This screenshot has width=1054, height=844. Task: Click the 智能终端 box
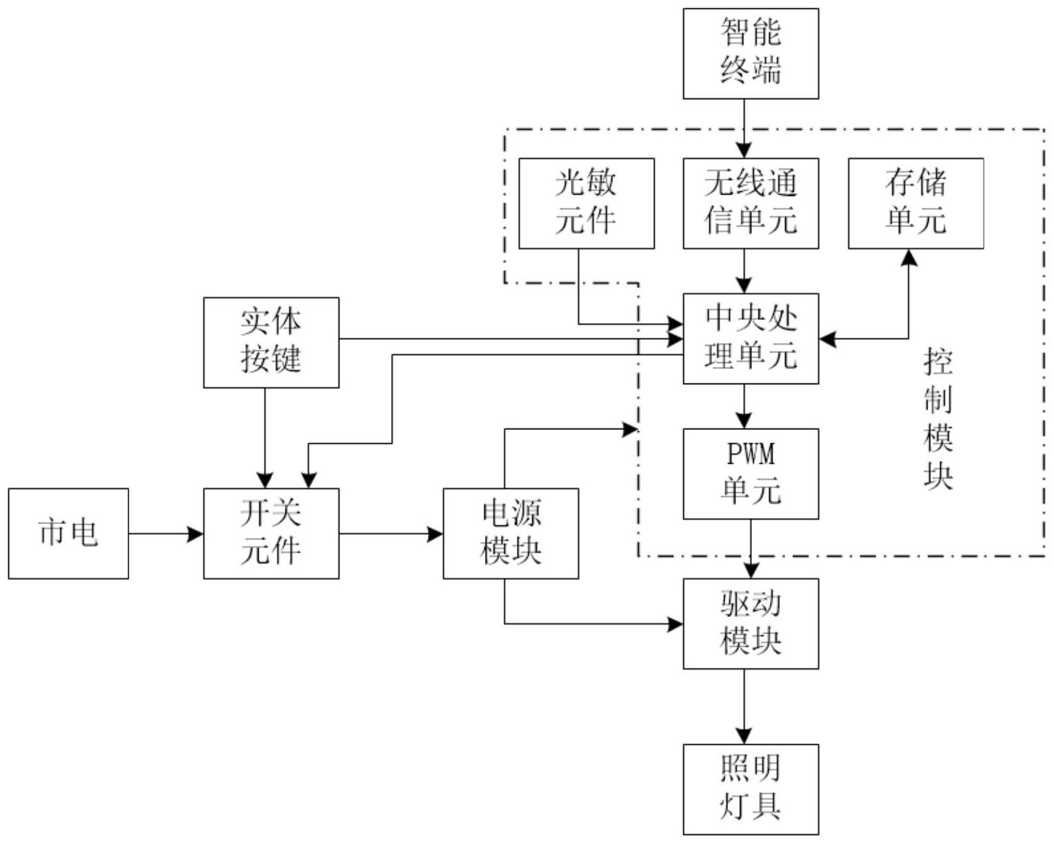click(750, 53)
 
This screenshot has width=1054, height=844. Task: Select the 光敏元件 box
click(586, 203)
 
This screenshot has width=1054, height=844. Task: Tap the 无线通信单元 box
click(750, 203)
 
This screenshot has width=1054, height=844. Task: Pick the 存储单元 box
click(915, 203)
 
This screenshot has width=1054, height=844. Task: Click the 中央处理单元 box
click(750, 338)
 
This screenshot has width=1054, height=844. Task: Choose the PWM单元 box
click(750, 474)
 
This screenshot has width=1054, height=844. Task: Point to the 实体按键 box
click(271, 342)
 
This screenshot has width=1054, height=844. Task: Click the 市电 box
click(69, 534)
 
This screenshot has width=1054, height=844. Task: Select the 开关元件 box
click(271, 534)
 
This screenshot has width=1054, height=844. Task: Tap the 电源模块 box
click(510, 534)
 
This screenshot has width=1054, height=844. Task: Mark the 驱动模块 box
click(750, 623)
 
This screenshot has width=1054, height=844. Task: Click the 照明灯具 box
click(750, 789)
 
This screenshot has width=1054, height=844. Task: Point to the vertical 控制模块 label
click(938, 420)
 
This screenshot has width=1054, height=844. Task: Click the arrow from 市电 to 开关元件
click(166, 534)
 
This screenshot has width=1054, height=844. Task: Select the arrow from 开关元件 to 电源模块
click(391, 534)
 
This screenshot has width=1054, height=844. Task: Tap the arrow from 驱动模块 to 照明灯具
click(744, 706)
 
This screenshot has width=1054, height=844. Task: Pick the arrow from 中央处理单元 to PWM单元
click(744, 406)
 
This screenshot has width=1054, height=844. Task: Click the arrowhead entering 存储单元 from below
click(909, 258)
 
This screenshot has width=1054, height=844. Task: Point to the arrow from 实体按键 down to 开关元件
click(265, 438)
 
